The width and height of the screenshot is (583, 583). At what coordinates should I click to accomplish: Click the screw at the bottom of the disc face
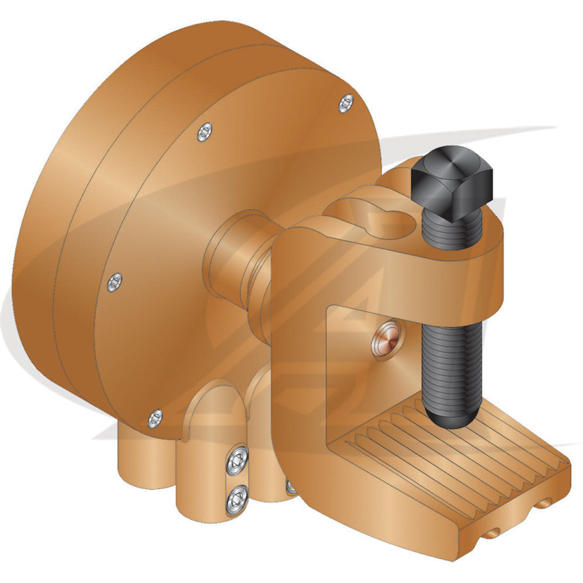click(x=155, y=416)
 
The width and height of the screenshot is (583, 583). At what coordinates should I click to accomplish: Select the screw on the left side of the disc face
click(x=115, y=282)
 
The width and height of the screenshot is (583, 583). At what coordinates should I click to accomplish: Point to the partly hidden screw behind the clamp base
click(x=290, y=485)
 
